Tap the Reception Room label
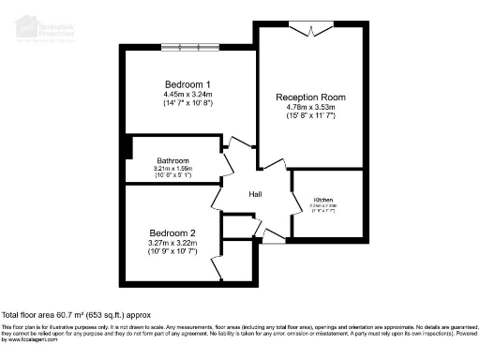[310, 97]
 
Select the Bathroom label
[173, 160]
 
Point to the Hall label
[254, 194]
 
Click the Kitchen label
[323, 201]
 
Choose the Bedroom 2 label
[172, 232]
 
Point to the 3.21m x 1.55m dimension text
[173, 168]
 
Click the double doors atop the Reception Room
[309, 31]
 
